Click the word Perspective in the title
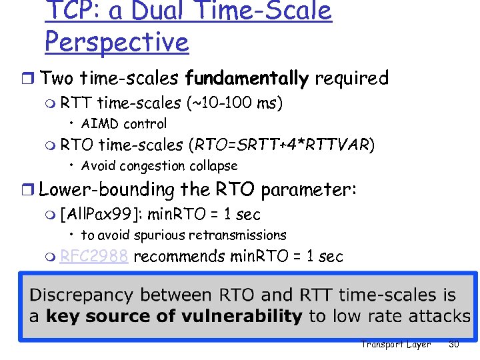[117, 42]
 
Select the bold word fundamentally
[247, 79]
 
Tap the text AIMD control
[124, 123]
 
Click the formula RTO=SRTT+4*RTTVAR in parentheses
[282, 145]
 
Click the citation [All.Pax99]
[101, 215]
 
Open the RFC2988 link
[94, 257]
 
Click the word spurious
[161, 235]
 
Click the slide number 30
[455, 345]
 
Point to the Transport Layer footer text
[395, 345]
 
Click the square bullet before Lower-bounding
[31, 191]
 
